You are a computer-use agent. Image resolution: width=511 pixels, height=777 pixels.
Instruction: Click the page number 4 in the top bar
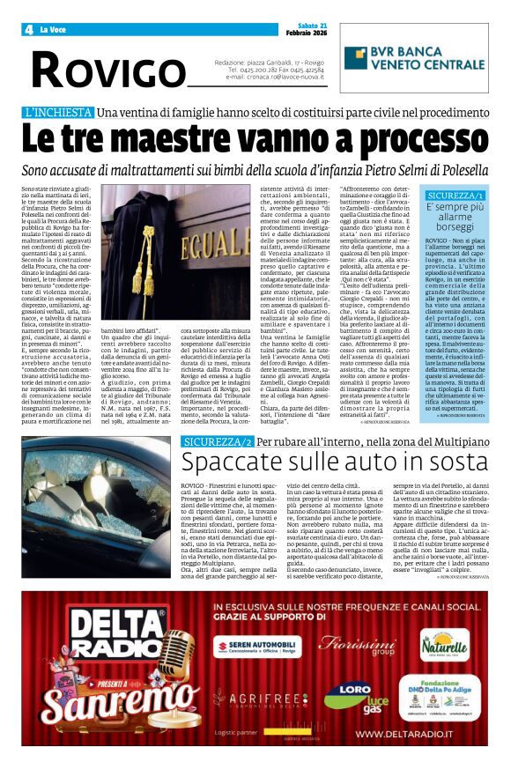29,30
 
